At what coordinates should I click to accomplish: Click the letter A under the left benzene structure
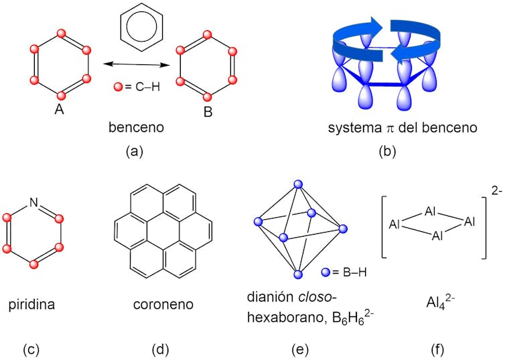(x=59, y=109)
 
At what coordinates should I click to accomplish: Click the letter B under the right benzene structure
(x=208, y=112)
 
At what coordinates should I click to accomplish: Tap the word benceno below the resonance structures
(x=136, y=127)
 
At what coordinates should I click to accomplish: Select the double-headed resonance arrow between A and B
(x=136, y=64)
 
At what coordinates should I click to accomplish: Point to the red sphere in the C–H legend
(x=119, y=86)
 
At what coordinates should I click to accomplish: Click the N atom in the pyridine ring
(x=33, y=202)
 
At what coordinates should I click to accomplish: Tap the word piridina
(x=31, y=304)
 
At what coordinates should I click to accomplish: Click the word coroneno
(x=163, y=304)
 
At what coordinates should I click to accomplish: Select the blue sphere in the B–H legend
(x=326, y=272)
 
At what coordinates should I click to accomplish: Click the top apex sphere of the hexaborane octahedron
(x=299, y=184)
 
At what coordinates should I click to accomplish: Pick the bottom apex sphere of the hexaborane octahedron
(x=298, y=274)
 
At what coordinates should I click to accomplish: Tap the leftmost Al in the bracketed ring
(x=394, y=224)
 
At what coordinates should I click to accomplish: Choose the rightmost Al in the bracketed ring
(x=470, y=222)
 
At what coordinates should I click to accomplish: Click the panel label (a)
(x=135, y=151)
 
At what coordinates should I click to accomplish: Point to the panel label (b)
(x=387, y=151)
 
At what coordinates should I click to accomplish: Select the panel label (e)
(x=300, y=349)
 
